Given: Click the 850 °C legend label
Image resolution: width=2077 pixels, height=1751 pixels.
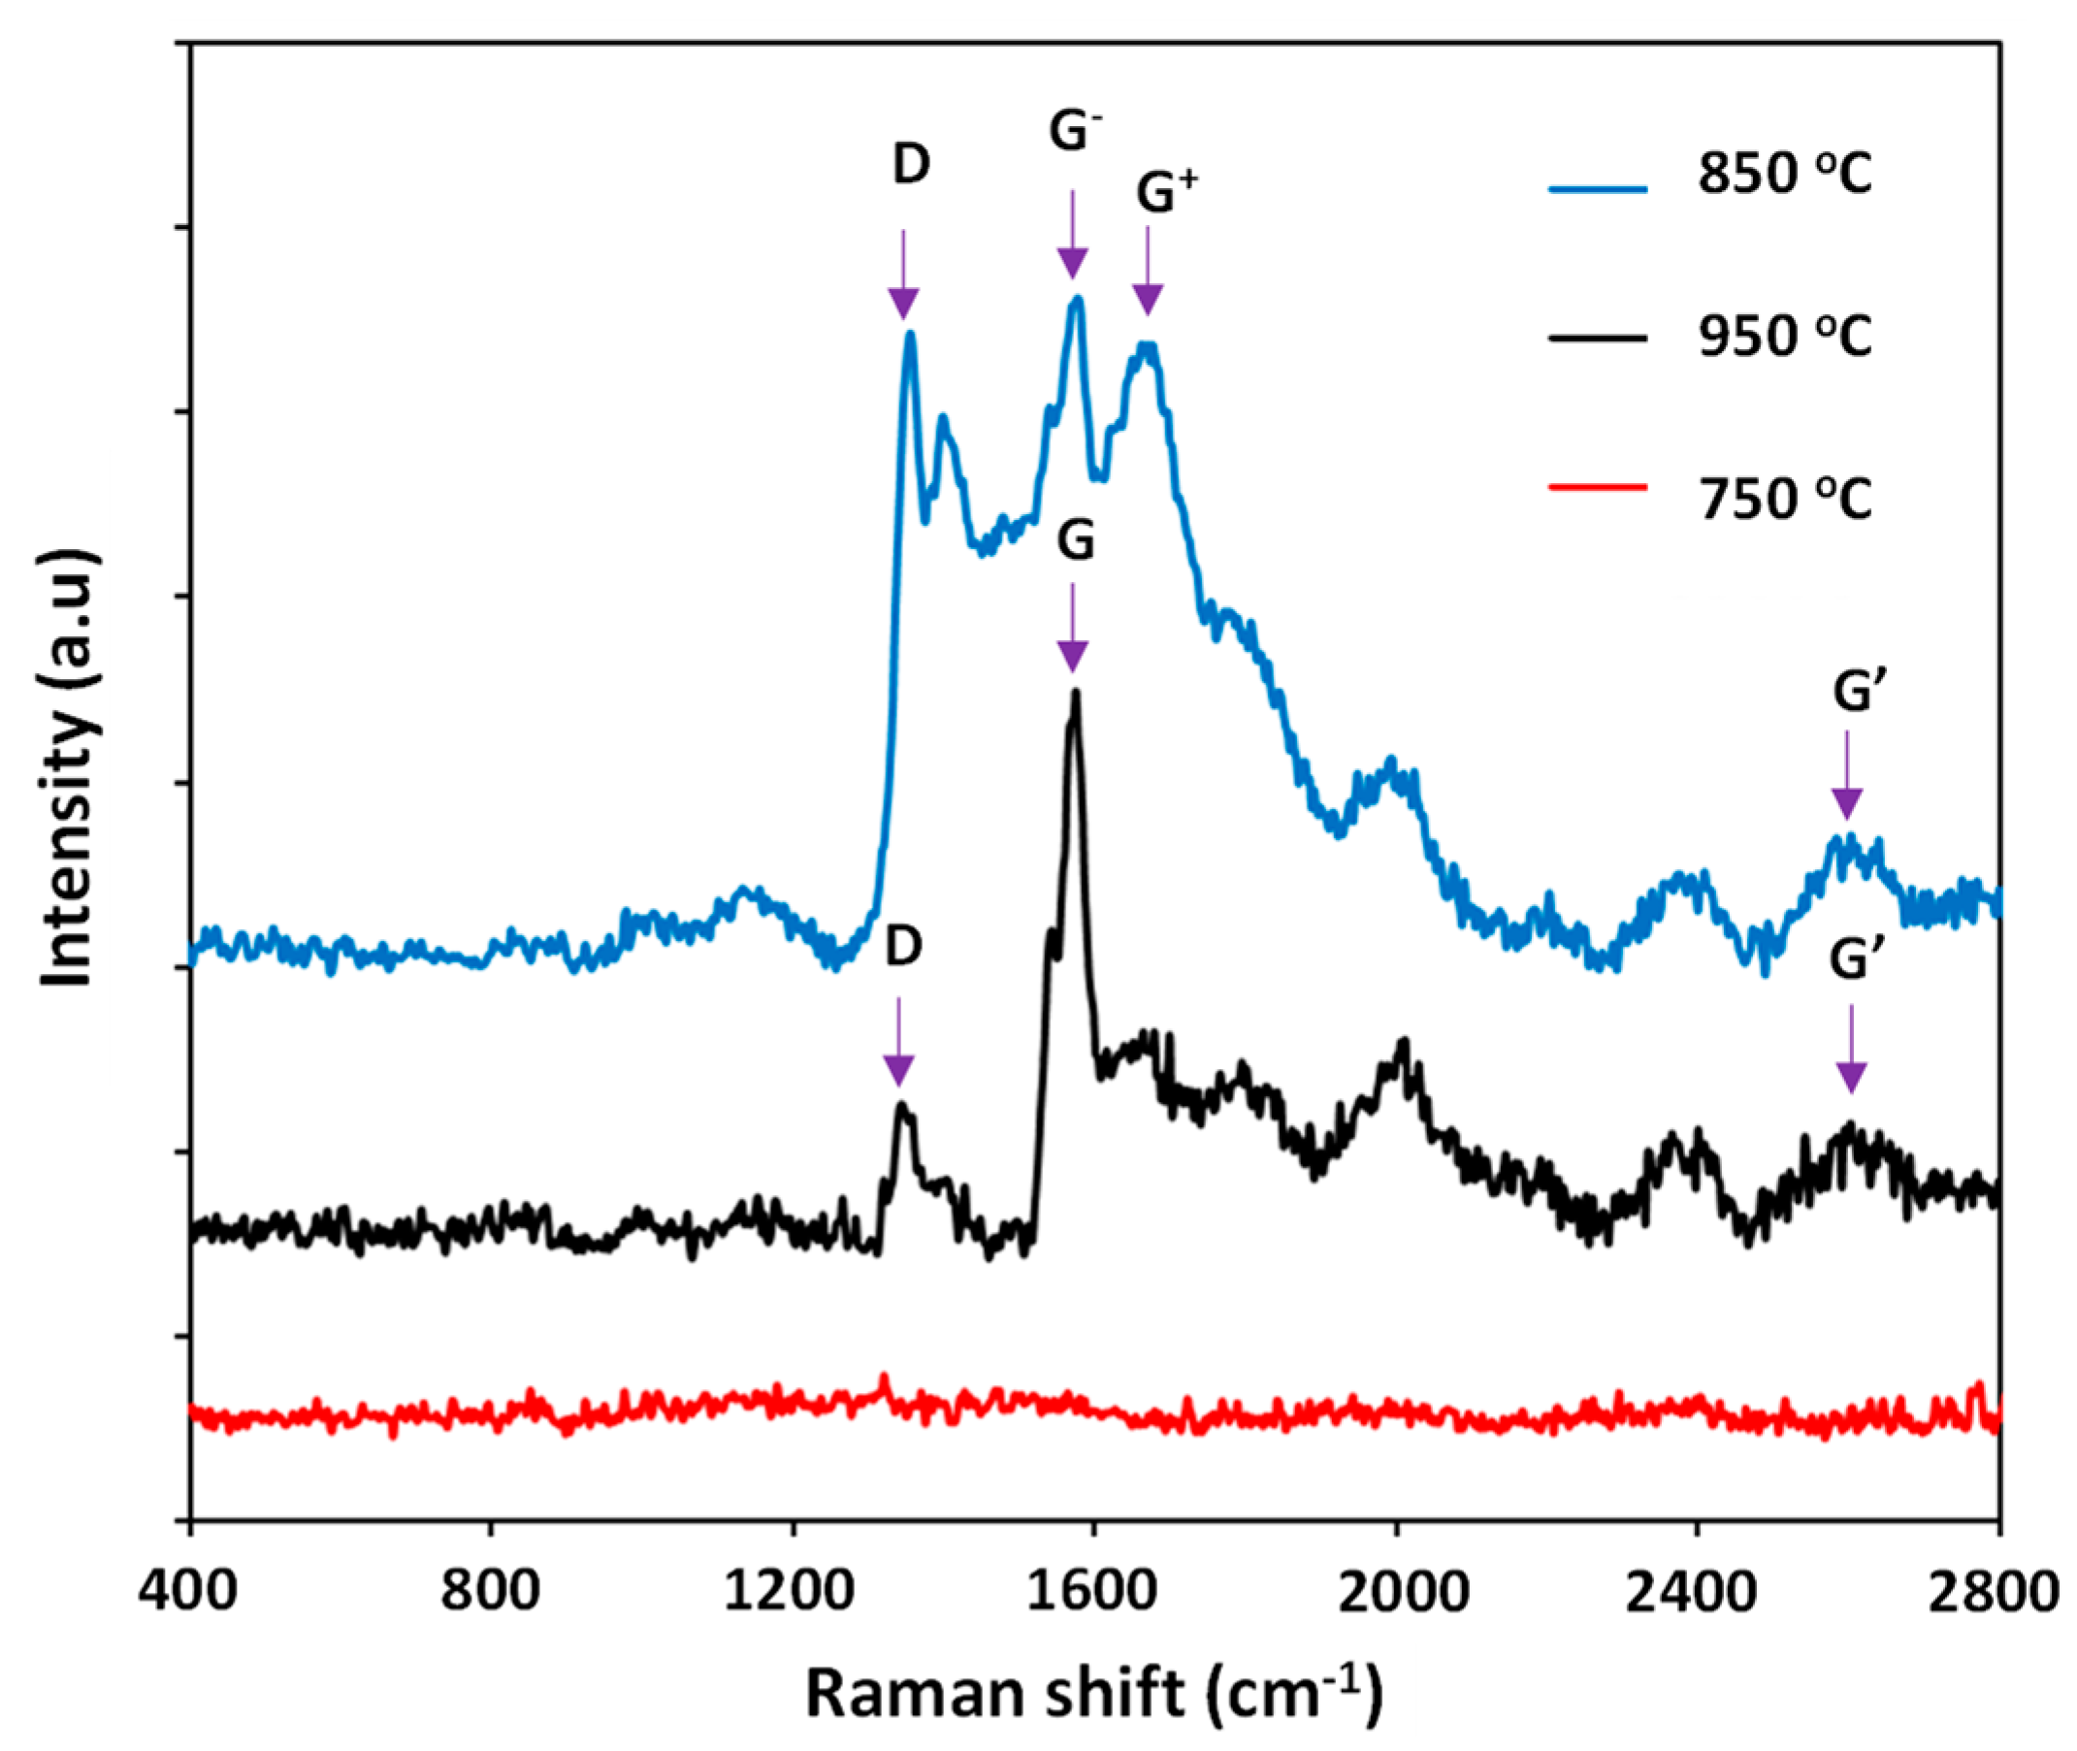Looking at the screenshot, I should (x=1784, y=176).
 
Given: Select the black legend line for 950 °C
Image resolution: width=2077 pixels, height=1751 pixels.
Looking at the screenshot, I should (x=1599, y=339).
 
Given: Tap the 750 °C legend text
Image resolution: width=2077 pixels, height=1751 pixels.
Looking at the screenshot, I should (x=1784, y=499).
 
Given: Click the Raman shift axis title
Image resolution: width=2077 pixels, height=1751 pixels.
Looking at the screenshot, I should (x=1093, y=1693).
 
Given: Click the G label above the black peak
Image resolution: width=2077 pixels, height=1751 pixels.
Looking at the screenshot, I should (x=1074, y=542).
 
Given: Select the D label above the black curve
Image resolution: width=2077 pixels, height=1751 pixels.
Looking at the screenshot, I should (x=902, y=948).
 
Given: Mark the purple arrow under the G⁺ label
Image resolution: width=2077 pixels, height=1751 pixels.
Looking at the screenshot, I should (x=1148, y=273).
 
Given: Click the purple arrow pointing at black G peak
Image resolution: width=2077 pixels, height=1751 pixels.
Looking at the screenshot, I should (x=1072, y=630).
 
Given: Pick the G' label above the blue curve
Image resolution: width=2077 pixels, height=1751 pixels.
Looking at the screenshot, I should (x=1852, y=692).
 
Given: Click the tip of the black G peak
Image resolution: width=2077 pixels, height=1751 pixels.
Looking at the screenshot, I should (x=1075, y=693).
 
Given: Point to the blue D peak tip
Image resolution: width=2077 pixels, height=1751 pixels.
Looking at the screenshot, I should (x=909, y=335).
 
